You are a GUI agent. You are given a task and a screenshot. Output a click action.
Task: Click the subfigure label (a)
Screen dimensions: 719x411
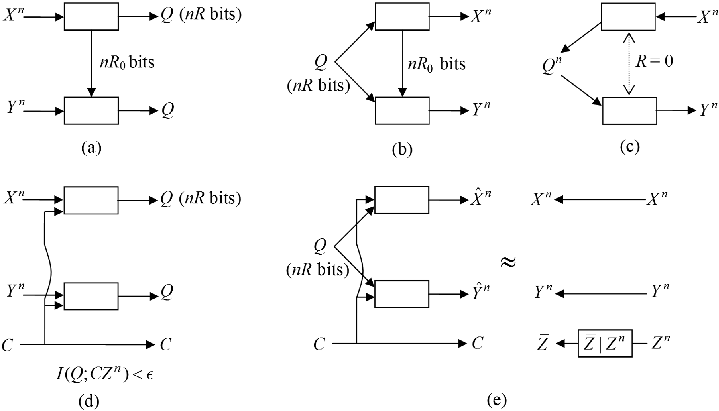[x=91, y=148]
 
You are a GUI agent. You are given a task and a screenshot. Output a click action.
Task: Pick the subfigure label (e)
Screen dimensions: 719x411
[x=497, y=400]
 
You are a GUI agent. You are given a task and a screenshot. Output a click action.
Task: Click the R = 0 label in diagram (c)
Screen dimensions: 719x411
[x=654, y=61]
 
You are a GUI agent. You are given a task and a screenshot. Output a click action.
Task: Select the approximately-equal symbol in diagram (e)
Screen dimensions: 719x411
[x=509, y=263]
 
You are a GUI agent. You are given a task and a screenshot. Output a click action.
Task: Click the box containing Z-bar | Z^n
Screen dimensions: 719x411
[x=605, y=344]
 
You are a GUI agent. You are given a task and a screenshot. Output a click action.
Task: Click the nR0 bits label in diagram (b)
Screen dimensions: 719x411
[x=436, y=64]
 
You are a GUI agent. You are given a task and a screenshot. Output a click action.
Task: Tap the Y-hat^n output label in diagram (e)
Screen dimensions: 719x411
[x=481, y=291]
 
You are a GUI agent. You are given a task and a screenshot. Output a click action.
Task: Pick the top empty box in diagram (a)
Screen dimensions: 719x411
[x=91, y=17]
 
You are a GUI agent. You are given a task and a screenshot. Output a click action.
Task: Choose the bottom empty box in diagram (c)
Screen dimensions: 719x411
[x=630, y=111]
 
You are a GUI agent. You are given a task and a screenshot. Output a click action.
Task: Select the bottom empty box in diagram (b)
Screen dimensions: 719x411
[x=402, y=111]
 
